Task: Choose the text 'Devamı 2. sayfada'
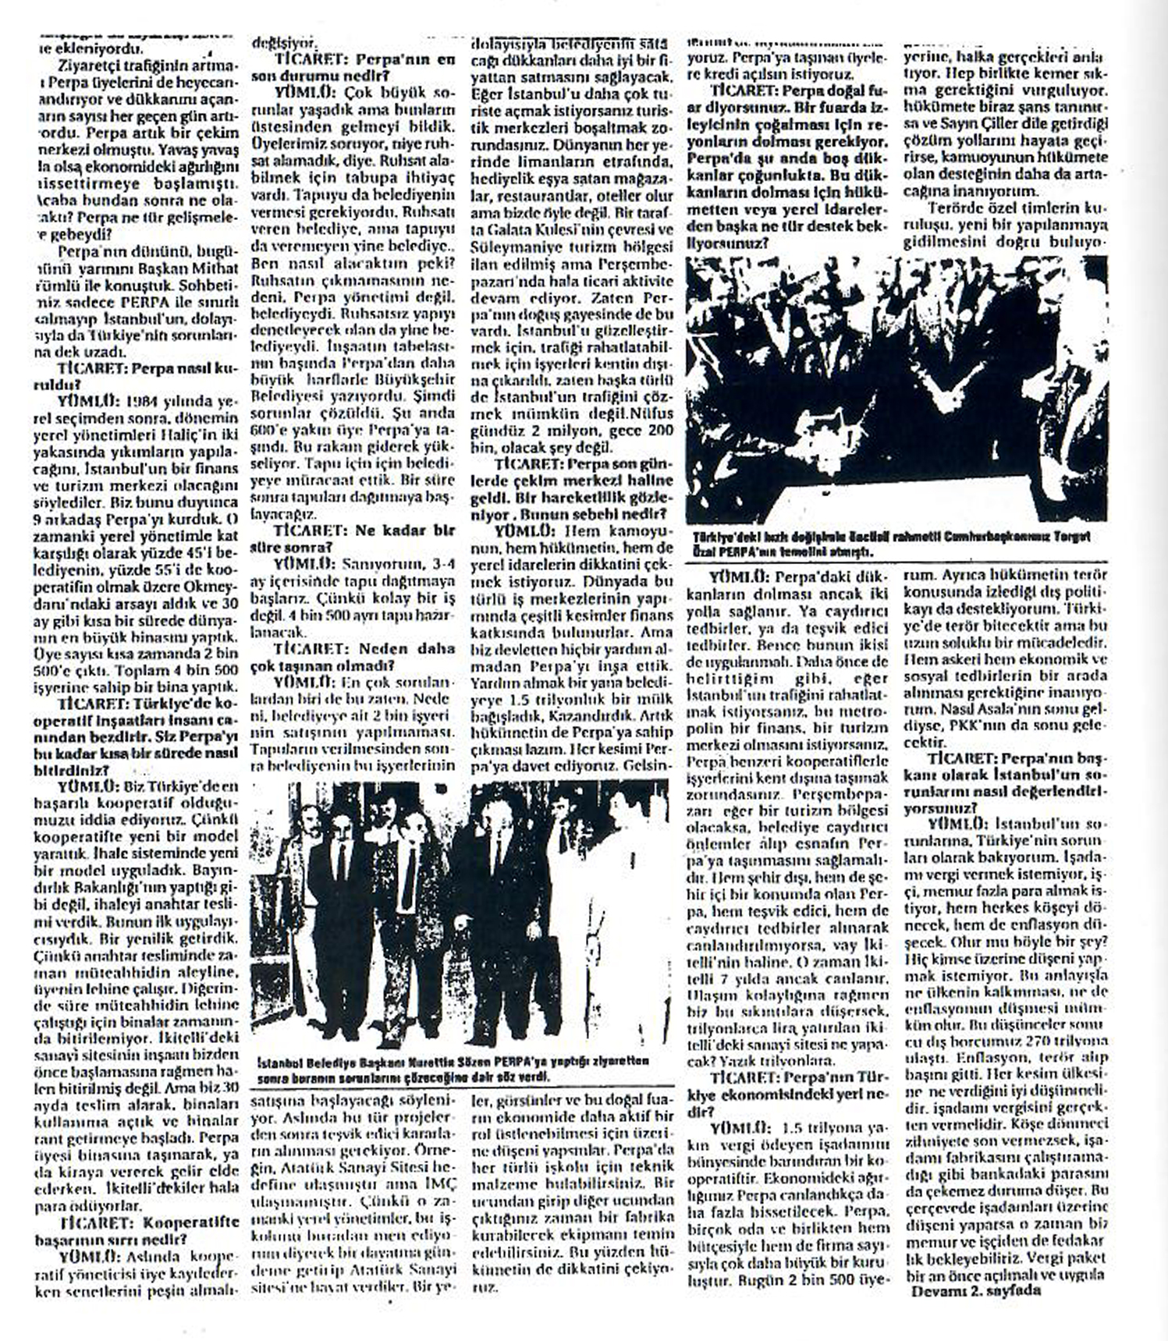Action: [976, 1290]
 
